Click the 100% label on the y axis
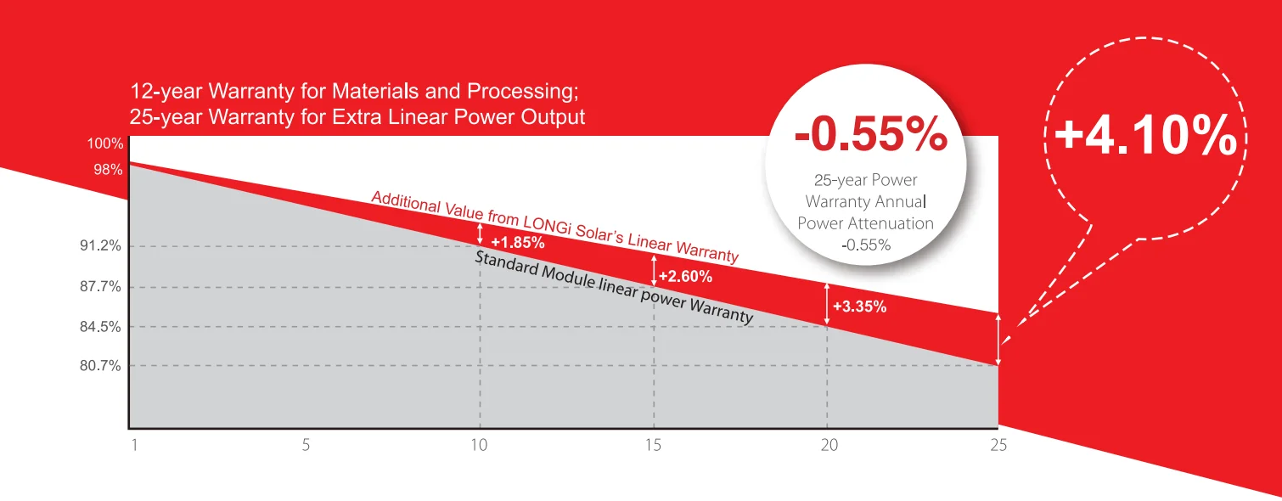(x=105, y=144)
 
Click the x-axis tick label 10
(x=480, y=445)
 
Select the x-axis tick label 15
(x=653, y=445)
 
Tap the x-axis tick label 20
(x=827, y=445)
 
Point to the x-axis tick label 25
(x=998, y=445)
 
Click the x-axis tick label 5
(x=306, y=445)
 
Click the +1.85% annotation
(x=517, y=243)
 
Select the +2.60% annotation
(x=685, y=277)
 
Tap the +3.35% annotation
(x=859, y=307)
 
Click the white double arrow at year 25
(x=998, y=340)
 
